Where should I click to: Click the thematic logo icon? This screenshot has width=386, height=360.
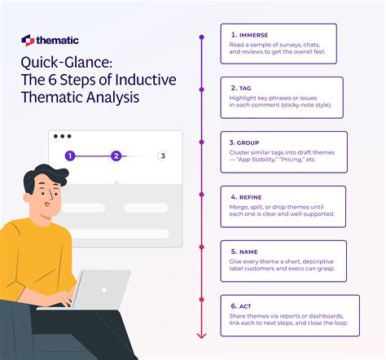[x=29, y=40]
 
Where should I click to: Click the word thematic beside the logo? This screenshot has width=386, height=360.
[x=56, y=40]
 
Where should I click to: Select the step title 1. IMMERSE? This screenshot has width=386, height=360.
[x=250, y=35]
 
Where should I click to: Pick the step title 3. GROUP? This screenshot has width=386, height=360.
[x=246, y=141]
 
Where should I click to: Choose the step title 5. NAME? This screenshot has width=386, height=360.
[x=245, y=251]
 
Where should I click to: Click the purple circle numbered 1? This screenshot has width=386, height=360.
[x=70, y=156]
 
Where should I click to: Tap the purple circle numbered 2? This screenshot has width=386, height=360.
[x=116, y=156]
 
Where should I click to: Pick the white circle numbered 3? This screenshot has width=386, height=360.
[x=163, y=156]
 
